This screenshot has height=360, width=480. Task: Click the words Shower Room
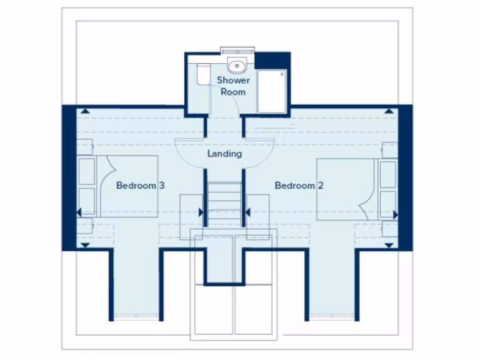click(x=233, y=86)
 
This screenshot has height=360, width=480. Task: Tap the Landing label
click(x=225, y=154)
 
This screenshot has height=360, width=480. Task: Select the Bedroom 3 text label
click(x=140, y=186)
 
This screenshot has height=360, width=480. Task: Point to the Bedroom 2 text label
click(x=299, y=186)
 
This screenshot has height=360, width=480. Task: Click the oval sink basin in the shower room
click(x=237, y=66)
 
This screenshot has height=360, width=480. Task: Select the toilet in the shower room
click(x=203, y=75)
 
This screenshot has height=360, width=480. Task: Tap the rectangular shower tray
click(x=272, y=91)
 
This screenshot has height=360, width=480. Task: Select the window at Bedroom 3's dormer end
click(x=136, y=317)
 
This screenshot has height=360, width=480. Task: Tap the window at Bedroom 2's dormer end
click(x=332, y=317)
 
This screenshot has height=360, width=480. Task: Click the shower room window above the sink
click(x=237, y=50)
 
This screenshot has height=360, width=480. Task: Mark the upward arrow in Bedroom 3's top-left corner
click(x=85, y=111)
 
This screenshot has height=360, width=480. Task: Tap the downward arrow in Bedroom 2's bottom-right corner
click(x=389, y=245)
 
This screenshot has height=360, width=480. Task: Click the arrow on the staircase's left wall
click(x=201, y=212)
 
